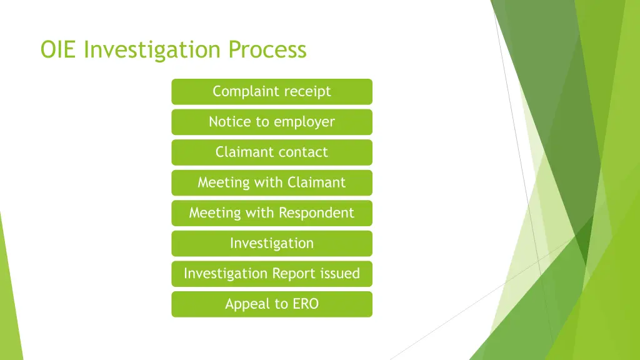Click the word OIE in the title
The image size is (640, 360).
tap(59, 49)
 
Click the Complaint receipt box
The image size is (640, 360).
tap(272, 91)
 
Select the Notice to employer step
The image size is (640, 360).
tap(272, 122)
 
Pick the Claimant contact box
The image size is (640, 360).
tap(272, 152)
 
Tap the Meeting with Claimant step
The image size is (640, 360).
tap(272, 182)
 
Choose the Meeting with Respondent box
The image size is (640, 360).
tap(272, 213)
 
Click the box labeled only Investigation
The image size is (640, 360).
tap(272, 243)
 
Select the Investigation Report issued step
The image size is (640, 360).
tap(272, 274)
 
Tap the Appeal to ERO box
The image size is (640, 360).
tap(272, 304)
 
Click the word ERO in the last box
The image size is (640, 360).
tap(306, 304)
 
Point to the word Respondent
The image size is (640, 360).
tap(316, 213)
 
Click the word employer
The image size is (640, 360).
tap(304, 122)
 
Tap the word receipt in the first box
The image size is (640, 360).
tap(307, 92)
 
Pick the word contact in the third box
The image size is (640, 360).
tap(304, 152)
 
